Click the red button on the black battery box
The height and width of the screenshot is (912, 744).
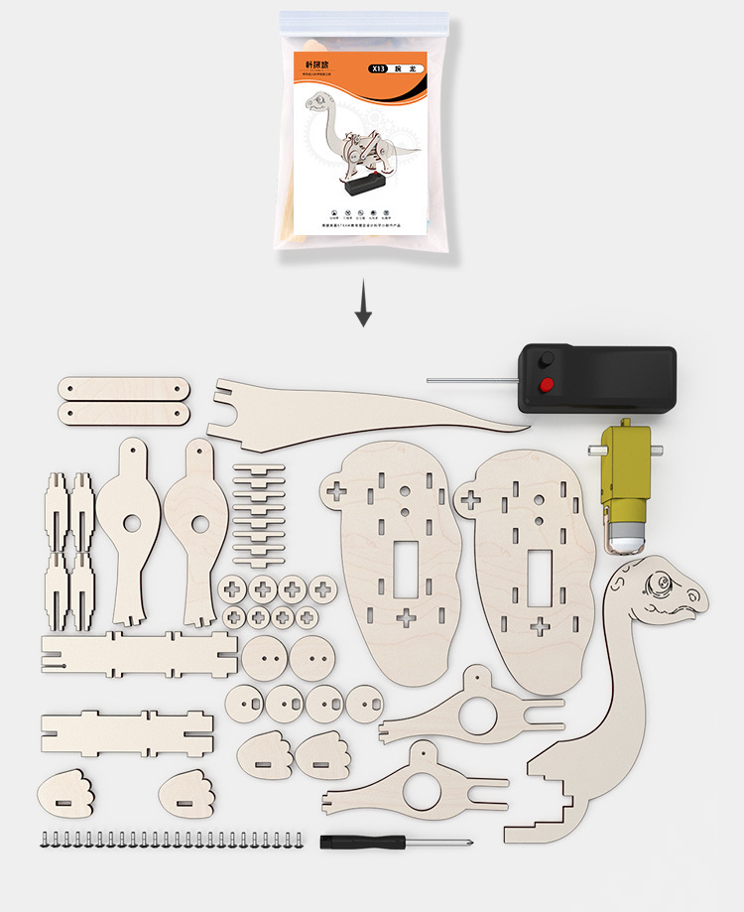pos(545,385)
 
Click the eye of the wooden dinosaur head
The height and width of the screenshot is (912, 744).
pos(658,582)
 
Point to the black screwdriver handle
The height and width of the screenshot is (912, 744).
pos(362,842)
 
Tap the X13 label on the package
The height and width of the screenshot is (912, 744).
pos(378,69)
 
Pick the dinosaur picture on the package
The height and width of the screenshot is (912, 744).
pos(357,139)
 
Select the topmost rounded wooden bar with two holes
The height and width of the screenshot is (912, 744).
pos(123,386)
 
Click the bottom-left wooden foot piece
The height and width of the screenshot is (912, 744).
pos(65,796)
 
